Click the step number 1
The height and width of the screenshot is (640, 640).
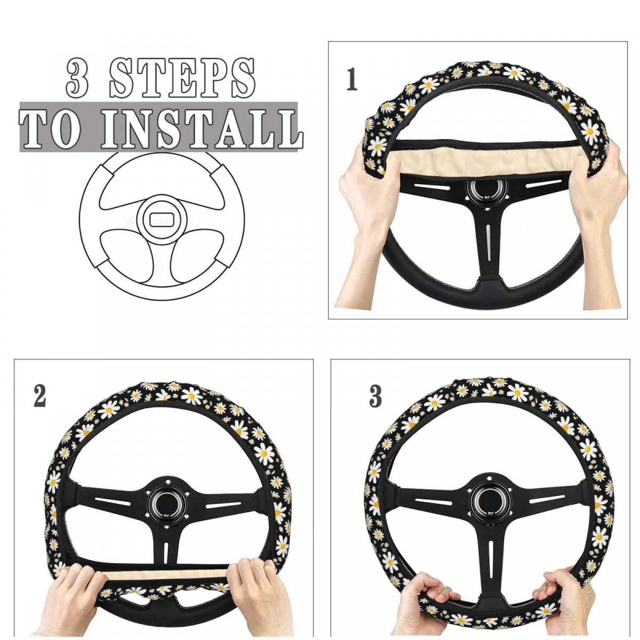pos(351,79)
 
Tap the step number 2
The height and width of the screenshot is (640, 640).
pos(40,396)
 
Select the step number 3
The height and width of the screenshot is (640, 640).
pos(375,396)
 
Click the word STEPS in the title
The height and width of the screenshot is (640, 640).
pos(181,78)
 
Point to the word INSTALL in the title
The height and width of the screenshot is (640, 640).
pos(202,127)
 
